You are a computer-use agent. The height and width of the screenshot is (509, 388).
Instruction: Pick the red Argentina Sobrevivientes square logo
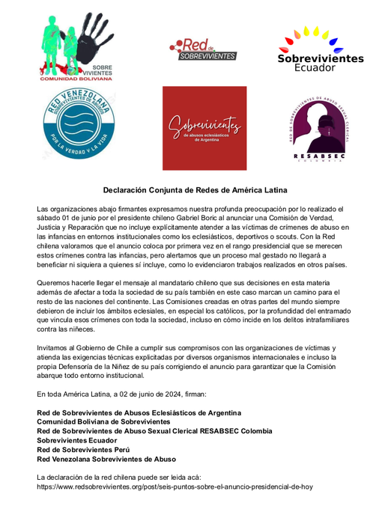point(204,128)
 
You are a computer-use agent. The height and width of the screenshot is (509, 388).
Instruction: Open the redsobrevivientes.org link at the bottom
point(175,487)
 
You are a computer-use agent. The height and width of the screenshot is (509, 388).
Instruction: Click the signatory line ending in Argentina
point(139,412)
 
